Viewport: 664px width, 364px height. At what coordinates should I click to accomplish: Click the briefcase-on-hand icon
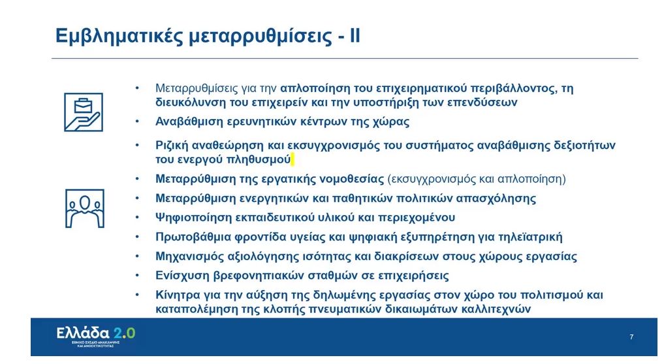click(83, 112)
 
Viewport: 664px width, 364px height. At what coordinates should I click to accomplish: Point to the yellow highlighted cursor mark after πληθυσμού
click(294, 159)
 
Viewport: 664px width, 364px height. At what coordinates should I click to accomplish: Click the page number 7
click(631, 337)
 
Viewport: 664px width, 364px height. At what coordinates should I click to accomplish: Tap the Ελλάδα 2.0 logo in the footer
click(95, 335)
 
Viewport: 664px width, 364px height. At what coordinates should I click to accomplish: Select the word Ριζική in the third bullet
click(172, 145)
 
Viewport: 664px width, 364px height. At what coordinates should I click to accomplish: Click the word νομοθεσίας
click(349, 178)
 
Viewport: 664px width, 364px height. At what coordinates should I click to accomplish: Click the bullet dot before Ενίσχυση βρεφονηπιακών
click(137, 276)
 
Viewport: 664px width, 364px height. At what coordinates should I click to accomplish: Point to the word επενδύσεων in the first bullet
click(488, 103)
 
